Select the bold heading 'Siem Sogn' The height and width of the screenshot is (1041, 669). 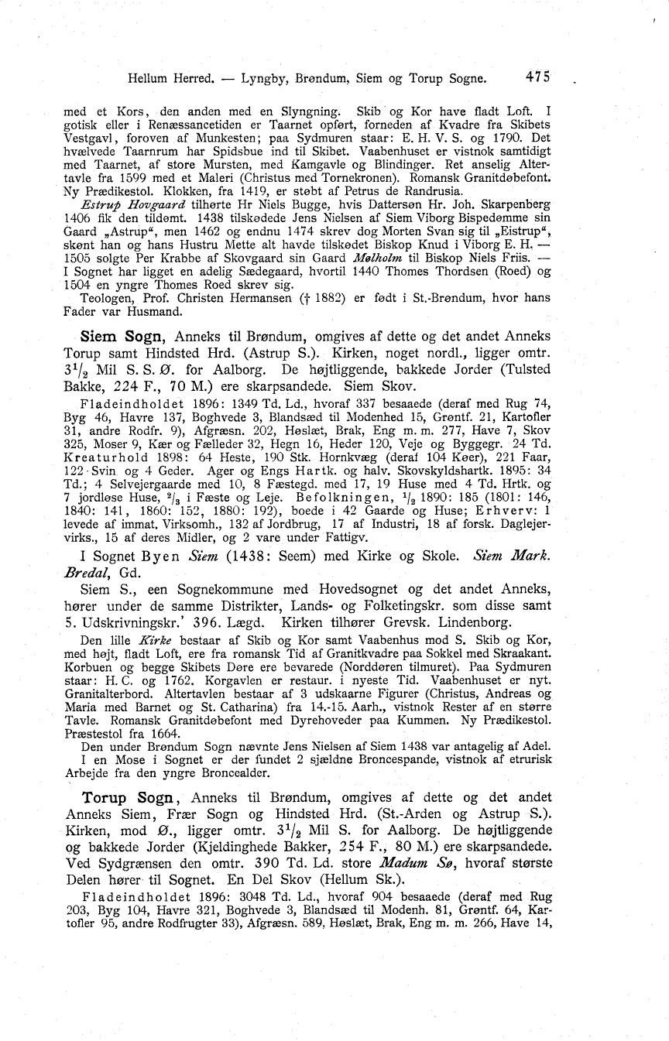[124, 337]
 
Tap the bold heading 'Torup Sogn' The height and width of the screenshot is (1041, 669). [130, 796]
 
